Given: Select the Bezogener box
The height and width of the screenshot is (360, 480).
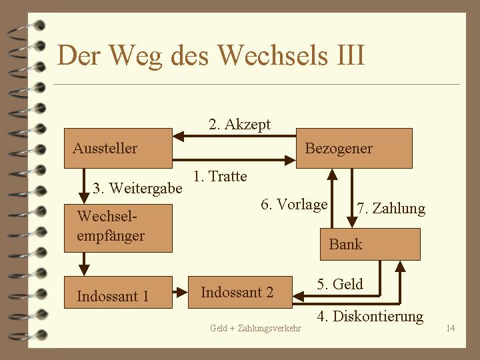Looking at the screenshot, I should pyautogui.click(x=354, y=148).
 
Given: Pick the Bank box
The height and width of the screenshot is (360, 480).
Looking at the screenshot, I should pyautogui.click(x=370, y=244).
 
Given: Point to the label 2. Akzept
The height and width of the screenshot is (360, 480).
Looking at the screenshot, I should pyautogui.click(x=239, y=124).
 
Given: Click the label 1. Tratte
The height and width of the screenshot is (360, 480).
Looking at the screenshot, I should pyautogui.click(x=219, y=177).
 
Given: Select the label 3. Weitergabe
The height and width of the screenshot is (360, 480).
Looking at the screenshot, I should pyautogui.click(x=137, y=189).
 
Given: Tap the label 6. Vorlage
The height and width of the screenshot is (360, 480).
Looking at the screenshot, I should pyautogui.click(x=294, y=205).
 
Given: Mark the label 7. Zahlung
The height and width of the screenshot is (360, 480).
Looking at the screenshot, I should pyautogui.click(x=391, y=209).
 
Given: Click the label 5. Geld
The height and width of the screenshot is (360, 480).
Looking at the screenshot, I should pyautogui.click(x=340, y=285).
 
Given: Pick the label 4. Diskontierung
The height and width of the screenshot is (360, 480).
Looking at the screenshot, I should pyautogui.click(x=370, y=316).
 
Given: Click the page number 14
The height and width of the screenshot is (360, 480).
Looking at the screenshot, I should pyautogui.click(x=451, y=328).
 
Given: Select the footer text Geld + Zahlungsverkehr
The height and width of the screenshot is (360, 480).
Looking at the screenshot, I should pyautogui.click(x=255, y=328).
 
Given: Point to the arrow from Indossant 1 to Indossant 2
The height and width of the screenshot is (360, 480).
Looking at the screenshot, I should pyautogui.click(x=180, y=292).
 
